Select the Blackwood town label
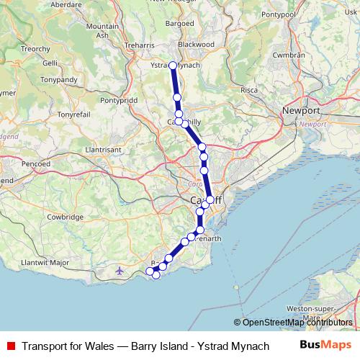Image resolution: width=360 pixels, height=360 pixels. click(196, 44)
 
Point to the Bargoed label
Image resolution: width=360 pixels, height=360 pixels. click(180, 23)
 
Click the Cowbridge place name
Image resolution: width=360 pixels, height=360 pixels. click(66, 217)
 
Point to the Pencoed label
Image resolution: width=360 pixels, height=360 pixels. click(35, 164)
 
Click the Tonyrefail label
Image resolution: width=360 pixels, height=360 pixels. click(75, 114)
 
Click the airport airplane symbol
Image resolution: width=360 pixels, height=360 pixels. click(120, 271)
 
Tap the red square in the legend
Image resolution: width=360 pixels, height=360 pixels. click(10, 346)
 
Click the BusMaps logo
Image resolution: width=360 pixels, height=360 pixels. click(326, 346)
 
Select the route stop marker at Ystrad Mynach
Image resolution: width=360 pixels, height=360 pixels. click(173, 66)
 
